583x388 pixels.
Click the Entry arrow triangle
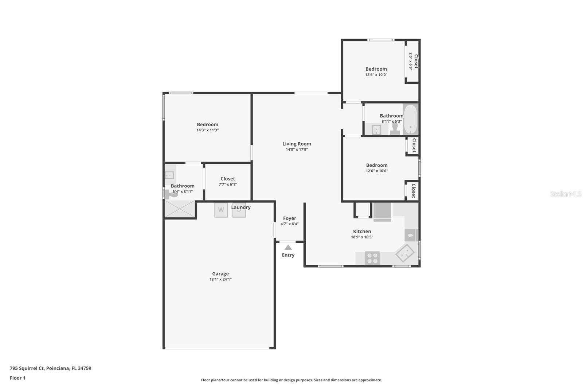288,247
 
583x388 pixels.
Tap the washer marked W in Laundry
221,210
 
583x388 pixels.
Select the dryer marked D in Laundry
239,210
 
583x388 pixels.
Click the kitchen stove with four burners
372,258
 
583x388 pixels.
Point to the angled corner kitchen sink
405,253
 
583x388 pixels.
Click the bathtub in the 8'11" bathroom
410,119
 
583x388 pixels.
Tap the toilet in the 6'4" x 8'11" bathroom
172,195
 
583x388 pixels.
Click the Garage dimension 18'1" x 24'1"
220,280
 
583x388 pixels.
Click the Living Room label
297,144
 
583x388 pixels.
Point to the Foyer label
289,218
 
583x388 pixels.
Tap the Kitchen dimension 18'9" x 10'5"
362,237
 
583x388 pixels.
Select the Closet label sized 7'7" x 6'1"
228,179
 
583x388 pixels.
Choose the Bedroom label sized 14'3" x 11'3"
207,124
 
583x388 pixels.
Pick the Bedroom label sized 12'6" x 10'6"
377,165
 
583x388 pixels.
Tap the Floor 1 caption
17,378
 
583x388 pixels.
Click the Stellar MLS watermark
566,194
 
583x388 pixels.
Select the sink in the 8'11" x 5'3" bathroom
376,129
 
